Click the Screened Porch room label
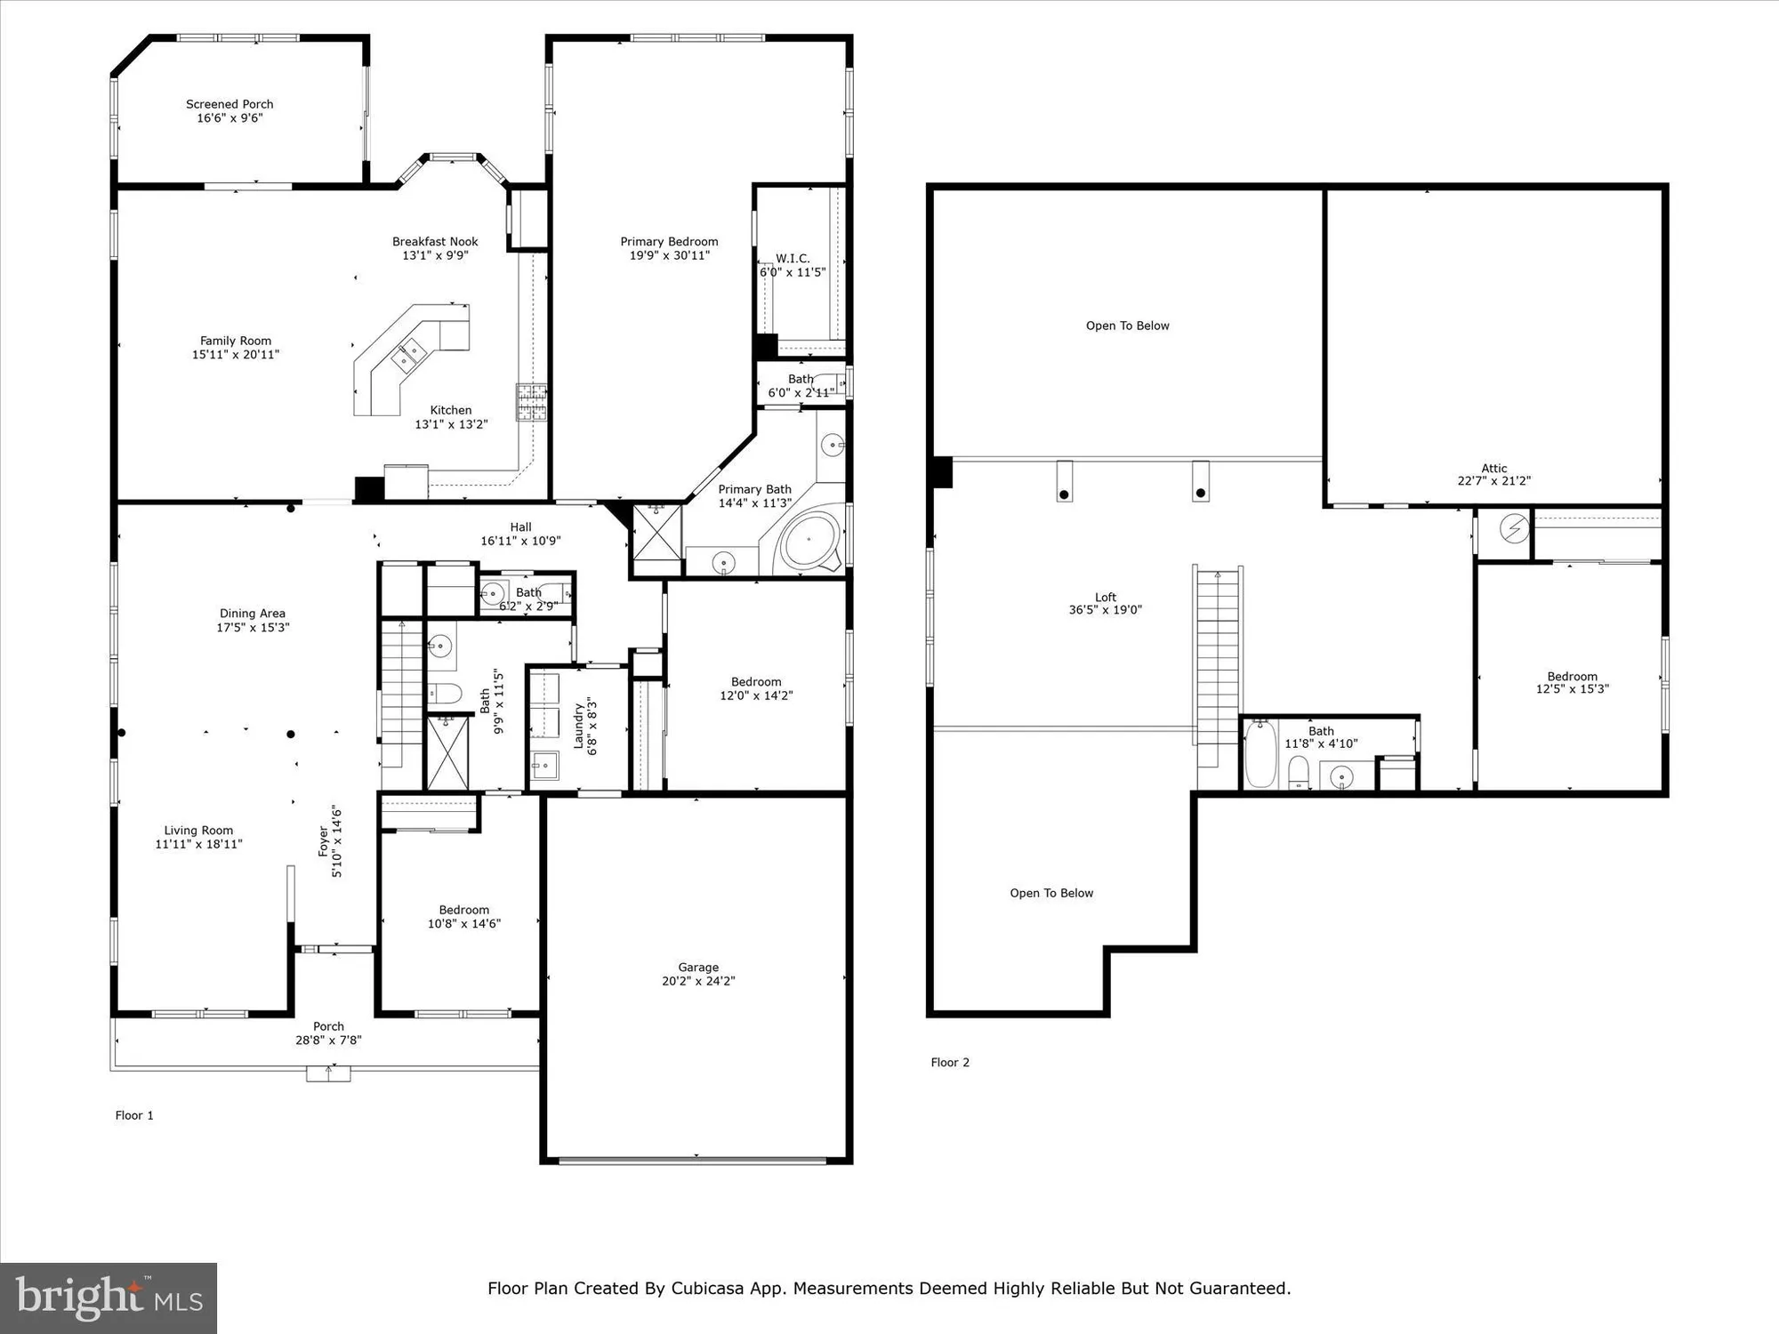(x=229, y=104)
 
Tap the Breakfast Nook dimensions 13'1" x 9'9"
(x=435, y=255)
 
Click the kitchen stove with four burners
(x=531, y=402)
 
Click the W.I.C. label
(x=793, y=259)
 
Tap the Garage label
(x=698, y=967)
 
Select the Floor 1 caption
(x=134, y=1115)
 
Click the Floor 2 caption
(x=950, y=1062)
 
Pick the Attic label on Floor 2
(x=1493, y=468)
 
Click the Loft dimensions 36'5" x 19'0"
(x=1105, y=610)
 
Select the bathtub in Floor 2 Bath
(x=1260, y=754)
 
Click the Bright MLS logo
(x=109, y=1298)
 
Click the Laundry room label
(x=578, y=725)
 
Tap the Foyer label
(x=324, y=841)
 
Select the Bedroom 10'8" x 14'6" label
(x=463, y=910)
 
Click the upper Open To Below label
(x=1127, y=325)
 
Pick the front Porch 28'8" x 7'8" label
(x=328, y=1026)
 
